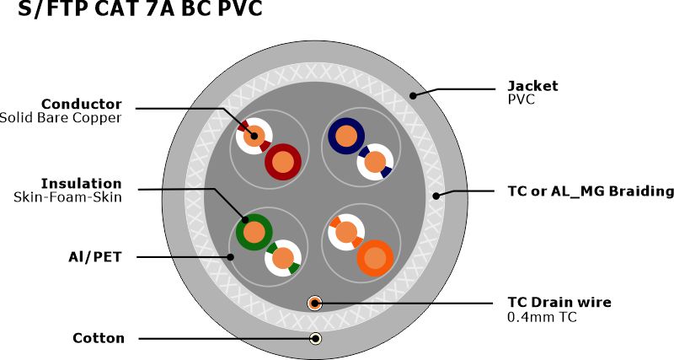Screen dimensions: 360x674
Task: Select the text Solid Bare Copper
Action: [61, 118]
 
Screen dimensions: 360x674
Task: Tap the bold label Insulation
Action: [82, 183]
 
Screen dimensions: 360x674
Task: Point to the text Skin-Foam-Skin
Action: [67, 197]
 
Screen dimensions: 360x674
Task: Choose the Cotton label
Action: [99, 338]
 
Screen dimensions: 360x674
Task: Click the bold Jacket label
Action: [532, 85]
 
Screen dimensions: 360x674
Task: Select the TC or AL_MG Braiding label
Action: [591, 191]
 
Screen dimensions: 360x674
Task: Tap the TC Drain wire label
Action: [559, 302]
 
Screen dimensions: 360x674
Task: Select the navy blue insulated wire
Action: [345, 135]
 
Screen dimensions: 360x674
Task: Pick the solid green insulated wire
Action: [253, 231]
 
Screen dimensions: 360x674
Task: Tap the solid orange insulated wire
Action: [374, 257]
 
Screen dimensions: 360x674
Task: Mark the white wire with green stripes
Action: [284, 259]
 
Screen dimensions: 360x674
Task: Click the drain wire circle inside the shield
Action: [314, 303]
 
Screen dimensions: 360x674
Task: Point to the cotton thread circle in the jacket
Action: [314, 339]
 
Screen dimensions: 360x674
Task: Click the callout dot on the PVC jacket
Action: [413, 95]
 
